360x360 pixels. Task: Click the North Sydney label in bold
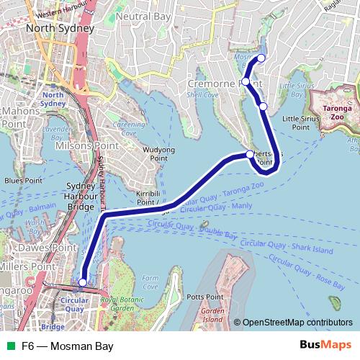click(60, 28)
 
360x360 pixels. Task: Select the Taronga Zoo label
click(336, 112)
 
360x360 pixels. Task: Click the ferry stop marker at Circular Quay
click(84, 283)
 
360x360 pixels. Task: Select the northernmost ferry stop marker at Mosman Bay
click(261, 58)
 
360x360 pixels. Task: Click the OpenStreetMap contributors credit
click(297, 323)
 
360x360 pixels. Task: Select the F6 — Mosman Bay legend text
click(67, 346)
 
